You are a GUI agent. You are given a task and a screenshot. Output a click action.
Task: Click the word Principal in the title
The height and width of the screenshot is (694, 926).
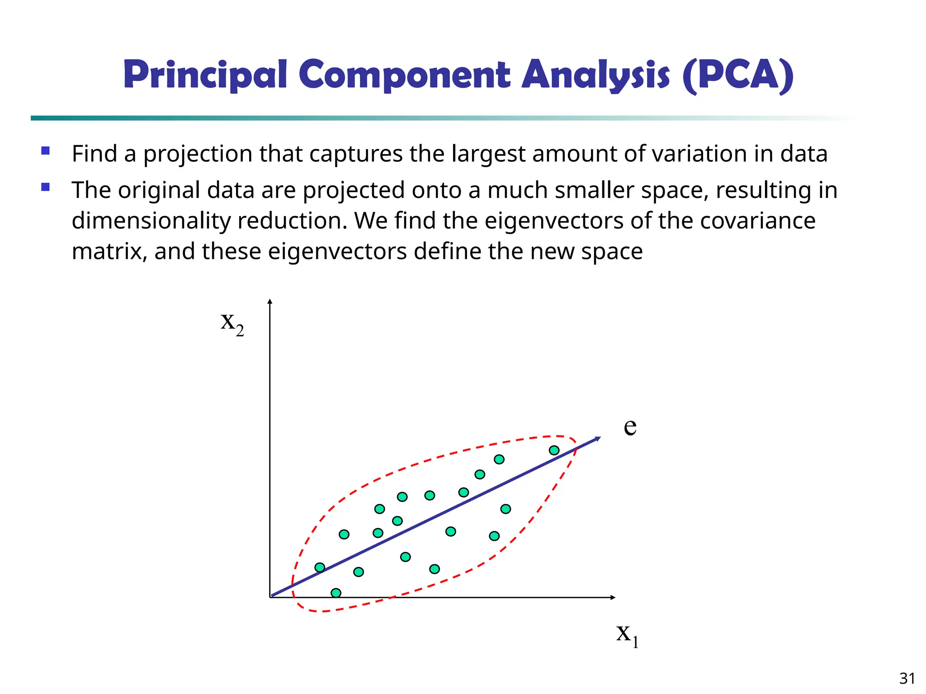tap(205, 75)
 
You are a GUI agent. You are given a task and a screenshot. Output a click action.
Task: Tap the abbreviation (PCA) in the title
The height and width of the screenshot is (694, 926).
tap(737, 75)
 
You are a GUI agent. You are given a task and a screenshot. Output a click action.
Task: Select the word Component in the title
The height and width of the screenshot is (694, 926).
tap(404, 75)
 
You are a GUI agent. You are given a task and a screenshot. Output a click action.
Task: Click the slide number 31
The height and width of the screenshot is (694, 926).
tap(907, 679)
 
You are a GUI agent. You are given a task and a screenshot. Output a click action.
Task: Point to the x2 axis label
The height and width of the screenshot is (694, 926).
tap(232, 323)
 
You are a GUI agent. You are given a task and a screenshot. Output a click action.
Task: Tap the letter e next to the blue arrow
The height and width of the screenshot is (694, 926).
tap(630, 426)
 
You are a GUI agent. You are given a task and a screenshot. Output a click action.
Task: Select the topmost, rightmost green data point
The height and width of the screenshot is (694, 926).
tap(554, 450)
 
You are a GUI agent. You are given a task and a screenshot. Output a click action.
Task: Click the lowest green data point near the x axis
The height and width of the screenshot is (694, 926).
tap(336, 593)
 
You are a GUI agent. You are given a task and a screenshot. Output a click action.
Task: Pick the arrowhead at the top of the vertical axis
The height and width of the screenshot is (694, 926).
tap(270, 302)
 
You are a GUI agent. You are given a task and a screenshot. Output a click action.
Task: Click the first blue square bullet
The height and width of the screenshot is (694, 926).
tap(45, 150)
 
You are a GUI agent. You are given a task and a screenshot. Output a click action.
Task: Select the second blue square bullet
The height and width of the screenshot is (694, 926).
tap(45, 187)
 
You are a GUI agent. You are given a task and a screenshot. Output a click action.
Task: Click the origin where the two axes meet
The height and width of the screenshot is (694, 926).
tap(270, 597)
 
